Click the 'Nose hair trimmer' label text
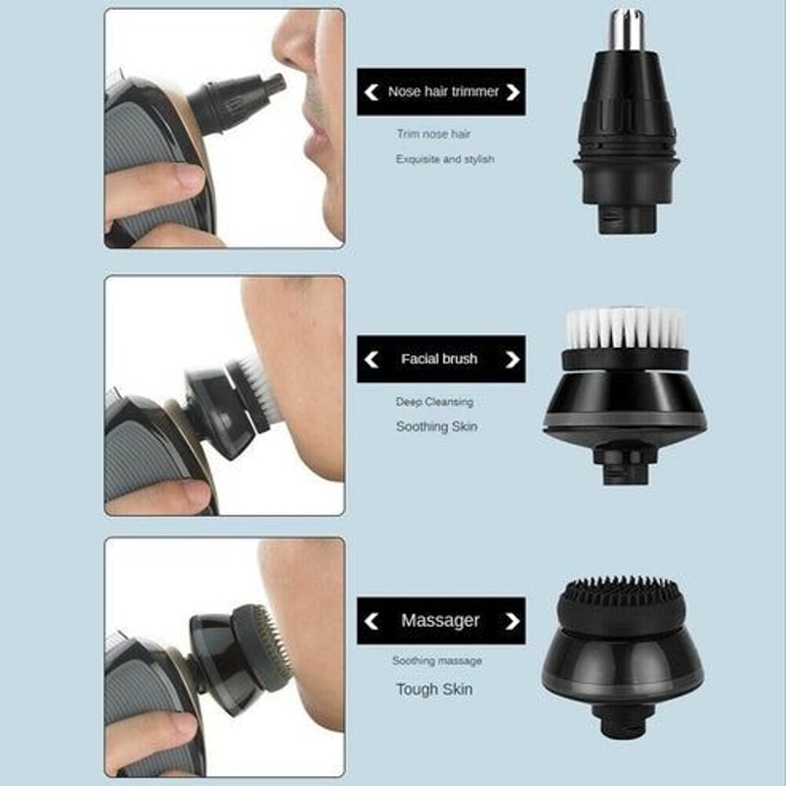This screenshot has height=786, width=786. coord(443,92)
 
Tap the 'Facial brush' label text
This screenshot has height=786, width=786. coord(439,360)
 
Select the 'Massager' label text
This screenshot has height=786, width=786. coord(440,621)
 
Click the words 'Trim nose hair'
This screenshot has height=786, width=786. coord(433,134)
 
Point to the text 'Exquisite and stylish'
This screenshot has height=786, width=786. coord(445,159)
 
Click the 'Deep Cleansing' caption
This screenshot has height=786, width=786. coord(434,402)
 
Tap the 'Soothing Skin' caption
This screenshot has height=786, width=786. coord(436,427)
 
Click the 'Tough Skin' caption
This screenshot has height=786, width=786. coord(434,690)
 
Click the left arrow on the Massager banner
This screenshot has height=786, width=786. coord(370,621)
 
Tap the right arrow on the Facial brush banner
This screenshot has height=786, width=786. coord(512,360)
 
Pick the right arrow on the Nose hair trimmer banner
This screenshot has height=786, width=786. coord(512,92)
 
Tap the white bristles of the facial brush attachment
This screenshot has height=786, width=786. coord(626,328)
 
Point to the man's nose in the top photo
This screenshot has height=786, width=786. coord(295,44)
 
